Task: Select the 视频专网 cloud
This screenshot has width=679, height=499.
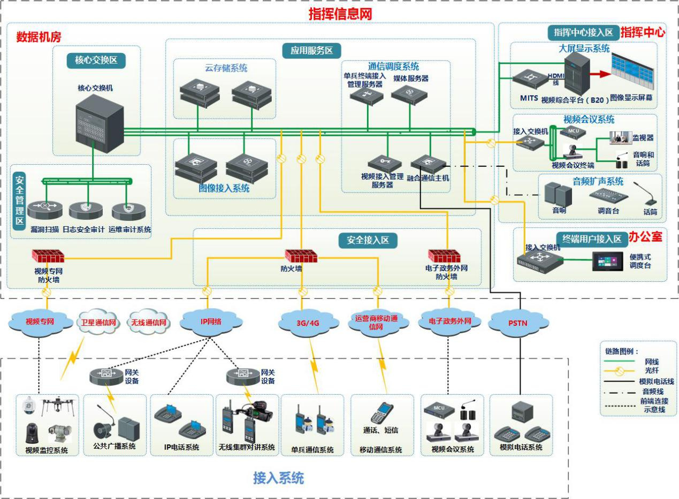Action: point(41,322)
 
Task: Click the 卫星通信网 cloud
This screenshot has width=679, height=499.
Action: point(98,323)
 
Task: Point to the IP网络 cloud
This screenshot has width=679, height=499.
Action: point(210,322)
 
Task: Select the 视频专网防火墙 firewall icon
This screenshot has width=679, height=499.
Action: point(48,257)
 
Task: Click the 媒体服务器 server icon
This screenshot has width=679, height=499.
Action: point(409,94)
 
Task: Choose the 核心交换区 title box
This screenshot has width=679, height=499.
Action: point(96,60)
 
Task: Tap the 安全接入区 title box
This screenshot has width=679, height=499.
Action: point(368,241)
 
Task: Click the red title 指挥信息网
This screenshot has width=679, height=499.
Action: point(340,14)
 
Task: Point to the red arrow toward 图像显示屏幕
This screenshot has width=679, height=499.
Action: point(600,74)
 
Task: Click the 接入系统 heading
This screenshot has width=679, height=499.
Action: point(278,478)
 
